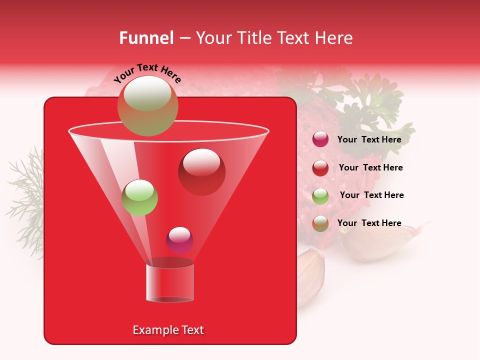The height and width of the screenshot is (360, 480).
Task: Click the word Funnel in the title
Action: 146,38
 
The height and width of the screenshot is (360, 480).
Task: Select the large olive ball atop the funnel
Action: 147,105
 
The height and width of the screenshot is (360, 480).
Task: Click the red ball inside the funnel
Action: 201,172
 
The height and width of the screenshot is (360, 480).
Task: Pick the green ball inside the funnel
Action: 140,197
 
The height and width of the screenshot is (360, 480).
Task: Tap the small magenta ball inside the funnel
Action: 179,240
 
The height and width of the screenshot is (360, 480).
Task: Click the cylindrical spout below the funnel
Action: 170,282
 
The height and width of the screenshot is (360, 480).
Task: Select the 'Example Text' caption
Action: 168,330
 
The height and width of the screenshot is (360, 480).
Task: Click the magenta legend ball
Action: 320,139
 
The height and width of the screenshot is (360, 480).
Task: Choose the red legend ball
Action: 320,167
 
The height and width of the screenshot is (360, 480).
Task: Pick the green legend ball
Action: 320,195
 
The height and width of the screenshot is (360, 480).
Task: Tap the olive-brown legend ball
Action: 320,223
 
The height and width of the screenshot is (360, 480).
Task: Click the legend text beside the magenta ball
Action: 369,140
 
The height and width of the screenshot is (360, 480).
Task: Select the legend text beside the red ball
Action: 370,168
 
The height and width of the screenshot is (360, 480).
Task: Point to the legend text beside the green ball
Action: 371,195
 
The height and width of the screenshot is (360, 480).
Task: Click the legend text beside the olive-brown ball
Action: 369,223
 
